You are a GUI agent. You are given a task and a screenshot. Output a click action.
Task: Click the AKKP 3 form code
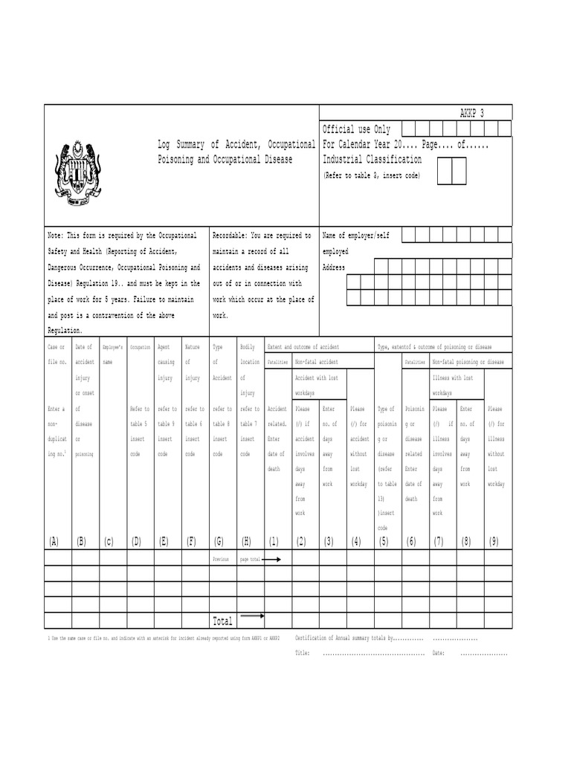click(x=471, y=114)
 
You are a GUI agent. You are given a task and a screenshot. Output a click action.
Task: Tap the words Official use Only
click(x=356, y=129)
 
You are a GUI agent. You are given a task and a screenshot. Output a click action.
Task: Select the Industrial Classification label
click(x=372, y=160)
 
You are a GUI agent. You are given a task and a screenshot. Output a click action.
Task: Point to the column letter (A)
click(x=53, y=541)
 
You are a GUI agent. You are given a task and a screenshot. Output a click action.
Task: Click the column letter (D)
click(x=136, y=541)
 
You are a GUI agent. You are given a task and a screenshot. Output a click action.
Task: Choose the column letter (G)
click(x=218, y=541)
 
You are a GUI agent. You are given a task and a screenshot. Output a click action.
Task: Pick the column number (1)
click(x=274, y=541)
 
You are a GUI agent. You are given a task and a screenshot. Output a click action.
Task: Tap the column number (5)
click(x=383, y=541)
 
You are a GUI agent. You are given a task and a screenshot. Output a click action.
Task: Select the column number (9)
click(x=493, y=541)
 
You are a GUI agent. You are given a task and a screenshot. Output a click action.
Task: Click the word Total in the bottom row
click(x=223, y=621)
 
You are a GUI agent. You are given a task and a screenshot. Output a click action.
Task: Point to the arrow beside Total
click(x=253, y=616)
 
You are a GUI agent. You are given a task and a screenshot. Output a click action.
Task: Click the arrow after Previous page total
click(x=272, y=558)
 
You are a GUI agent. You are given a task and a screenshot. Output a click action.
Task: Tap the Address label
click(x=334, y=268)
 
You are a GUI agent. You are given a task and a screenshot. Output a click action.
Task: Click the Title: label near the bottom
click(x=303, y=653)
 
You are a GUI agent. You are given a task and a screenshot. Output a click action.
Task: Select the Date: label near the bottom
click(x=438, y=653)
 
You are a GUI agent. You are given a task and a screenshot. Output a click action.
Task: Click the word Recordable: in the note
click(x=231, y=236)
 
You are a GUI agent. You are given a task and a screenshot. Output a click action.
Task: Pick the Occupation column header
click(x=140, y=347)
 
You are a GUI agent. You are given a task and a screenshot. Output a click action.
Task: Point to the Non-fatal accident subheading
click(x=317, y=363)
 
